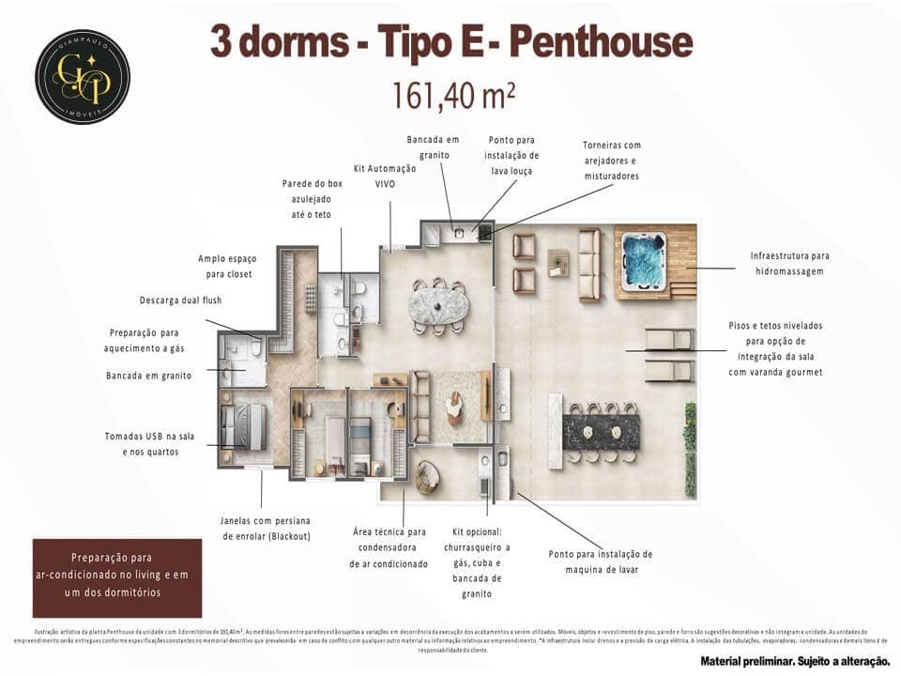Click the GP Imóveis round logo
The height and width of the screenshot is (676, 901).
click(x=83, y=76)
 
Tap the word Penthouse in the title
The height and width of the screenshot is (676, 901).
click(x=605, y=42)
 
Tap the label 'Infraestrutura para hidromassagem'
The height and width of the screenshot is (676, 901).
click(x=789, y=263)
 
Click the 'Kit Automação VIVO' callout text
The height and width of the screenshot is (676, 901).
click(x=385, y=177)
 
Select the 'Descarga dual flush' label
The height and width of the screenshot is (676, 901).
click(x=180, y=300)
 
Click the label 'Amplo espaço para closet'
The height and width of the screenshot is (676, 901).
click(x=226, y=266)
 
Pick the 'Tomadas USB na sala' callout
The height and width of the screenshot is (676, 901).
click(x=148, y=443)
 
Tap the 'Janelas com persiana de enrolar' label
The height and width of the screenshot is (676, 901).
click(x=265, y=528)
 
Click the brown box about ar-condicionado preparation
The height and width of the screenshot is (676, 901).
click(x=117, y=575)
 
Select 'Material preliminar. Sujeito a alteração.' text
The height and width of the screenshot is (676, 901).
click(x=794, y=661)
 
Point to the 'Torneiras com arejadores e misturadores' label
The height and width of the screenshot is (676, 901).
click(x=612, y=161)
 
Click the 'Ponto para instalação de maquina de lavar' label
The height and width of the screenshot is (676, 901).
click(x=600, y=561)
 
